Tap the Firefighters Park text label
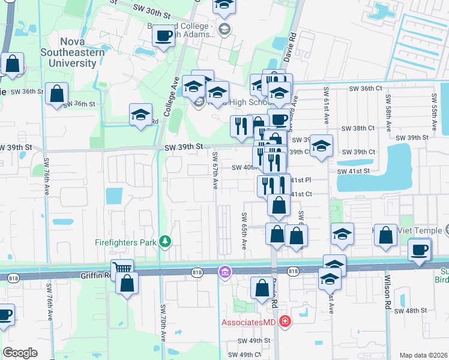[x=126, y=242]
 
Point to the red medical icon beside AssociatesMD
[x=284, y=322]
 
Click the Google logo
[x=20, y=352]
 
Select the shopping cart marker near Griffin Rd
[x=122, y=269]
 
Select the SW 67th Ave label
[x=215, y=169]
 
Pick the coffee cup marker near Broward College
[x=163, y=36]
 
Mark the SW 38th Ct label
[x=358, y=128]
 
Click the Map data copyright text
[x=423, y=355]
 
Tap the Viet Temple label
[x=420, y=230]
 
